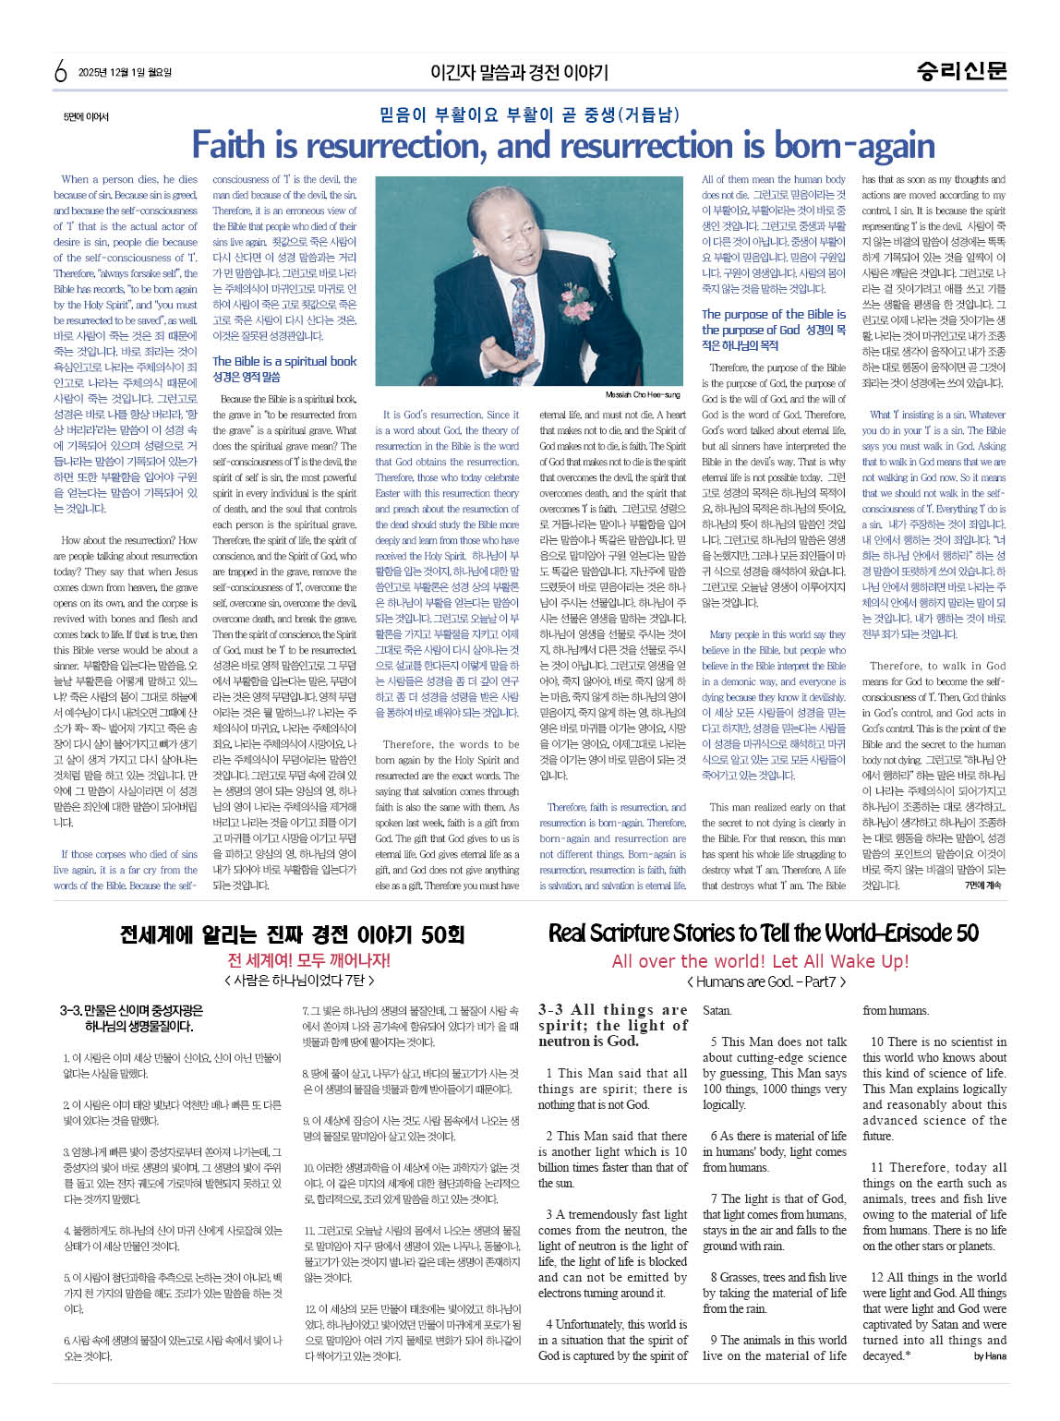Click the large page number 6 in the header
click(61, 71)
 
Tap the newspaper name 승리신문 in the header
click(961, 71)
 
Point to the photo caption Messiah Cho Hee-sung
click(643, 394)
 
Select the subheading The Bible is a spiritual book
click(284, 361)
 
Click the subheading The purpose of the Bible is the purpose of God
click(773, 322)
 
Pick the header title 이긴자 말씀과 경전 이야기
click(519, 72)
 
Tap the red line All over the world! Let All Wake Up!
click(760, 960)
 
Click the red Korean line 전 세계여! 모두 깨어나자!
click(308, 959)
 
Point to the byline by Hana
click(990, 1356)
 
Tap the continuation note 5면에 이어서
click(86, 117)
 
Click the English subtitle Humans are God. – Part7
click(765, 981)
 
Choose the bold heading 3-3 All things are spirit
click(612, 1025)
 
